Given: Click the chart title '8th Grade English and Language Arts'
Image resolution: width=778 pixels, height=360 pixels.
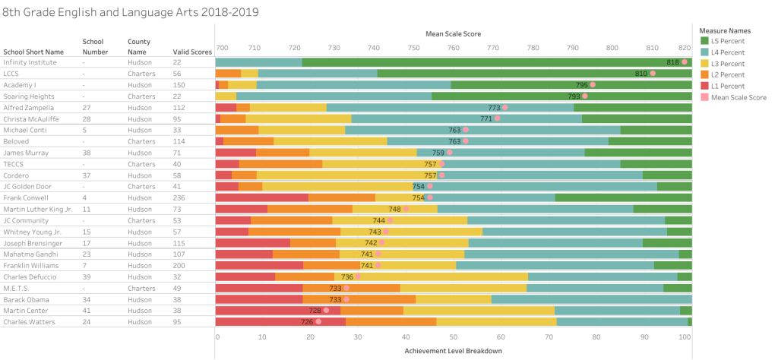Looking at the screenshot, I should point(131,13).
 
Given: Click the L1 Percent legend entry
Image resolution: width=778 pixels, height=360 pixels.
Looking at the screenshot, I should point(731,86).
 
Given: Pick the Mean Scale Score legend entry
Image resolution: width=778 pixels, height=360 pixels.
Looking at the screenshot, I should point(738,97).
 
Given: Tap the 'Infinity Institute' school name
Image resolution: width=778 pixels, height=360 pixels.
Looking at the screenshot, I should point(31,62).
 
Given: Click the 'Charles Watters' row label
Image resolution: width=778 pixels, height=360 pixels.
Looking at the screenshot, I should point(29,321).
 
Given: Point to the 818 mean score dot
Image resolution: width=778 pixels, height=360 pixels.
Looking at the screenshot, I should point(685,62).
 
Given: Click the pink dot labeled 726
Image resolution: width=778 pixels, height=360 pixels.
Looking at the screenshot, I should point(318,321).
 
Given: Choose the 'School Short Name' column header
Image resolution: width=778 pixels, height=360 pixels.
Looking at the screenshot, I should point(33,51).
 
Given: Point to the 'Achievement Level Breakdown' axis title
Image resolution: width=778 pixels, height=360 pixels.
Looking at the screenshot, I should point(453,351).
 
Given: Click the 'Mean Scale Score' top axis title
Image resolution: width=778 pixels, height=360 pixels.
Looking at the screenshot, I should point(453,33).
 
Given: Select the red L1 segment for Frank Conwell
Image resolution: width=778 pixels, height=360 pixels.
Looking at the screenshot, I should point(262,197).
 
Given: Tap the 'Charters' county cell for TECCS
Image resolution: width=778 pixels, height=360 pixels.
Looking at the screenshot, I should point(141,164).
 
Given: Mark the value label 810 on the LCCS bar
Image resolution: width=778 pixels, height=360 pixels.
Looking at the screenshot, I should point(640,74).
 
